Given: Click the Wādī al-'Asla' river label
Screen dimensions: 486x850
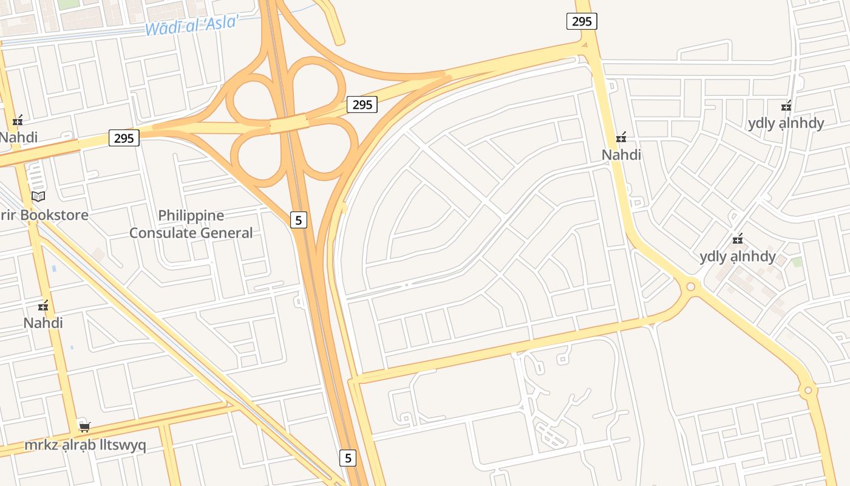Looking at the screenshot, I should [x=192, y=24].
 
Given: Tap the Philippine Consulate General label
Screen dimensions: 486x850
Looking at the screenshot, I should [x=191, y=224].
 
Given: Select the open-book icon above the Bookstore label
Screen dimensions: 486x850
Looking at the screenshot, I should [x=38, y=196].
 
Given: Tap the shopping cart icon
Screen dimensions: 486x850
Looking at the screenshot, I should [x=84, y=427].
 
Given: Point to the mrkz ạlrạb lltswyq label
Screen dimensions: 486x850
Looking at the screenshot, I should [x=85, y=445].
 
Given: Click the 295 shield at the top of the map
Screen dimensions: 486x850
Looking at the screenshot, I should [x=582, y=21].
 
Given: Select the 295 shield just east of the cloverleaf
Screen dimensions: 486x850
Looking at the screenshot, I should [x=362, y=104].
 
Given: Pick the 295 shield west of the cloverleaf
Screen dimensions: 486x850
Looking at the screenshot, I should [x=124, y=138].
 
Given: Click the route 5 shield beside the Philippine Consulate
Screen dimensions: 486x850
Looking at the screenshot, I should [x=298, y=219].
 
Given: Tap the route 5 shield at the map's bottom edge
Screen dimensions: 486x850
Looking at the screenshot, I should [x=347, y=457].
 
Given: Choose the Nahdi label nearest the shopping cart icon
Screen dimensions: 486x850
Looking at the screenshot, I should [x=43, y=323].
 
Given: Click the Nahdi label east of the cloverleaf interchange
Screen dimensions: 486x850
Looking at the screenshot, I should [x=621, y=155].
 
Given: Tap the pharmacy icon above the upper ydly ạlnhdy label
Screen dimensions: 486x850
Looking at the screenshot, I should [x=786, y=106].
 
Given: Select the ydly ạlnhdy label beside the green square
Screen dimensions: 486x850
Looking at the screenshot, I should [x=738, y=256].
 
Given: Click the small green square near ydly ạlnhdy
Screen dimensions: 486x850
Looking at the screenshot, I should [x=797, y=262].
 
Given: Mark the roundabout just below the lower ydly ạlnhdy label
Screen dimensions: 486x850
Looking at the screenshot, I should [x=690, y=286].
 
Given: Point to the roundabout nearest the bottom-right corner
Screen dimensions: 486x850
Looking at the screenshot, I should [x=807, y=390].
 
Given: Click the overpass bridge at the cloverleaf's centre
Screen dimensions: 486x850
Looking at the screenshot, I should [x=289, y=124].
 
